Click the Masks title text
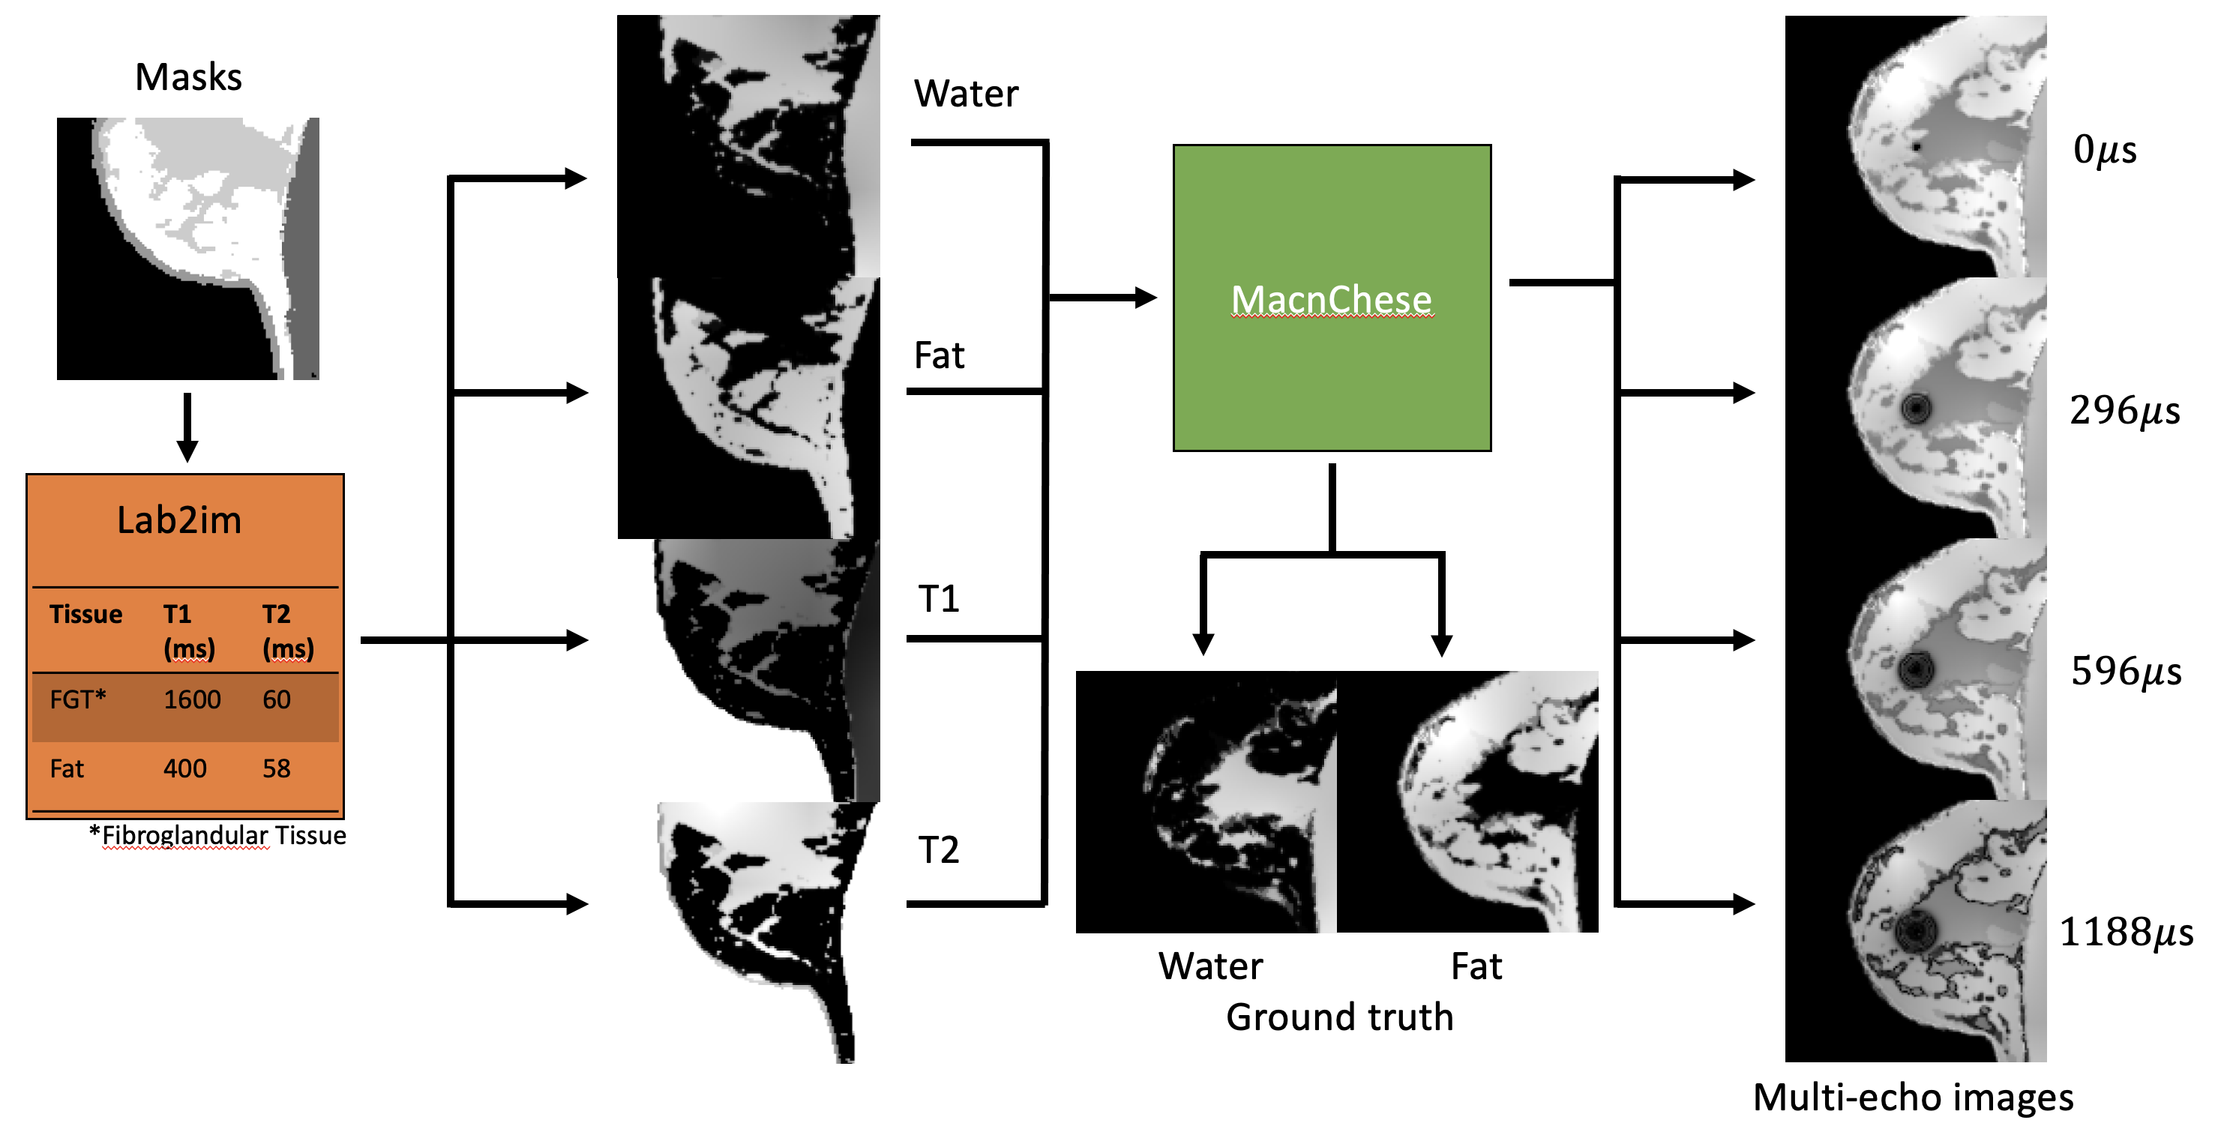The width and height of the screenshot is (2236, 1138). pyautogui.click(x=188, y=77)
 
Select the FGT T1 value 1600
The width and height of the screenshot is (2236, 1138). pyautogui.click(x=192, y=699)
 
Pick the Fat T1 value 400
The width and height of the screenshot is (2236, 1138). pyautogui.click(x=185, y=768)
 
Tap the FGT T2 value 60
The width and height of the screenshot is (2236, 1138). pyautogui.click(x=277, y=699)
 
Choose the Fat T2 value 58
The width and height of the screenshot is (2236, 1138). pyautogui.click(x=277, y=768)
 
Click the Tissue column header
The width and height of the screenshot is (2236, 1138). pyautogui.click(x=86, y=615)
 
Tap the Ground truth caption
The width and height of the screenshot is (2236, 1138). pyautogui.click(x=1339, y=1017)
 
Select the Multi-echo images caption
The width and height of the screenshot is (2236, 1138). pyautogui.click(x=1913, y=1098)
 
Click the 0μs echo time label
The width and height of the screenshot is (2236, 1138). pyautogui.click(x=2104, y=149)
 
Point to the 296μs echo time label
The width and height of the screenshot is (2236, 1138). pyautogui.click(x=2124, y=410)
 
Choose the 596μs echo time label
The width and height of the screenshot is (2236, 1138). pyautogui.click(x=2126, y=671)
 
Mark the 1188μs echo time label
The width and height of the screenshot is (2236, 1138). pyautogui.click(x=2126, y=933)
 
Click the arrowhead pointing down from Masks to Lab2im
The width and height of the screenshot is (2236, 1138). pyautogui.click(x=187, y=451)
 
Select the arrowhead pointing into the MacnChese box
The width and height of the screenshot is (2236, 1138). pyautogui.click(x=1146, y=298)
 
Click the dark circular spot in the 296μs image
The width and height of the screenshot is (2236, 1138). pyautogui.click(x=1916, y=407)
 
